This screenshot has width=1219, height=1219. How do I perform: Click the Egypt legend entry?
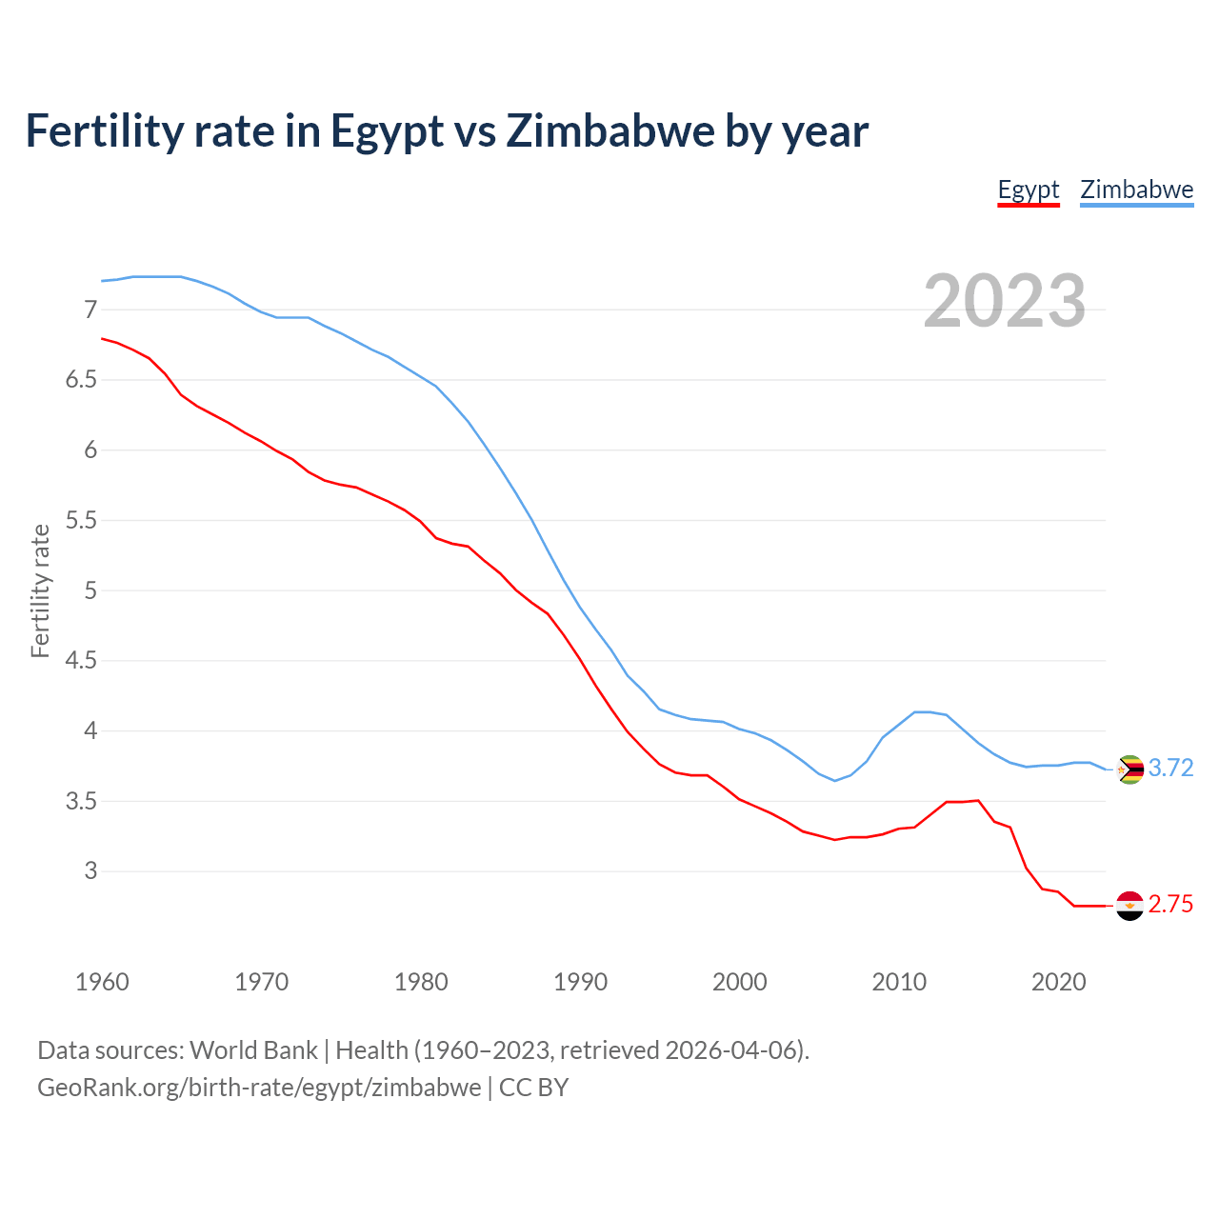click(x=1028, y=190)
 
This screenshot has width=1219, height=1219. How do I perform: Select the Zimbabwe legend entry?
click(x=1136, y=190)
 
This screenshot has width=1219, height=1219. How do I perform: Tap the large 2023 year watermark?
click(x=1005, y=301)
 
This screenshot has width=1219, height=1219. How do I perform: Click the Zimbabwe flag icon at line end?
click(x=1129, y=769)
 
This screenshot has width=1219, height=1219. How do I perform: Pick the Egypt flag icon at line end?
click(x=1129, y=905)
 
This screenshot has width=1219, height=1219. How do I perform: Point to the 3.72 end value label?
click(x=1170, y=768)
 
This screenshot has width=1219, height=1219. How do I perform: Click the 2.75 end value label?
click(x=1170, y=905)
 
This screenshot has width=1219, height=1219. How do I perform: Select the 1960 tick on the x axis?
click(x=102, y=982)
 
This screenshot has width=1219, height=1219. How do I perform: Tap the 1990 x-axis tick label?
click(x=580, y=982)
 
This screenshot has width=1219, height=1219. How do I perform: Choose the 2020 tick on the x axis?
click(x=1058, y=982)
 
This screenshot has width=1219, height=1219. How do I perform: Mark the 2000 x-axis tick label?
click(x=740, y=982)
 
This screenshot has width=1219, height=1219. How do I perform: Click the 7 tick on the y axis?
click(x=90, y=310)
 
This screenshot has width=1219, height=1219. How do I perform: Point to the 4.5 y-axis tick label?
click(x=81, y=661)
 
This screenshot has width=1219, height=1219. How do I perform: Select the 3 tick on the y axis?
click(x=90, y=871)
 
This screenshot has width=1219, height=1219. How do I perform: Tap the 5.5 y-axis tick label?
click(x=81, y=520)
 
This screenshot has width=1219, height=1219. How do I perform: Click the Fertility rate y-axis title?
click(x=40, y=590)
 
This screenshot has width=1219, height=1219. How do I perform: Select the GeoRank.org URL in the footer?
click(x=259, y=1088)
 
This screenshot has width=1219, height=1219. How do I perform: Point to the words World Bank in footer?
click(x=253, y=1050)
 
